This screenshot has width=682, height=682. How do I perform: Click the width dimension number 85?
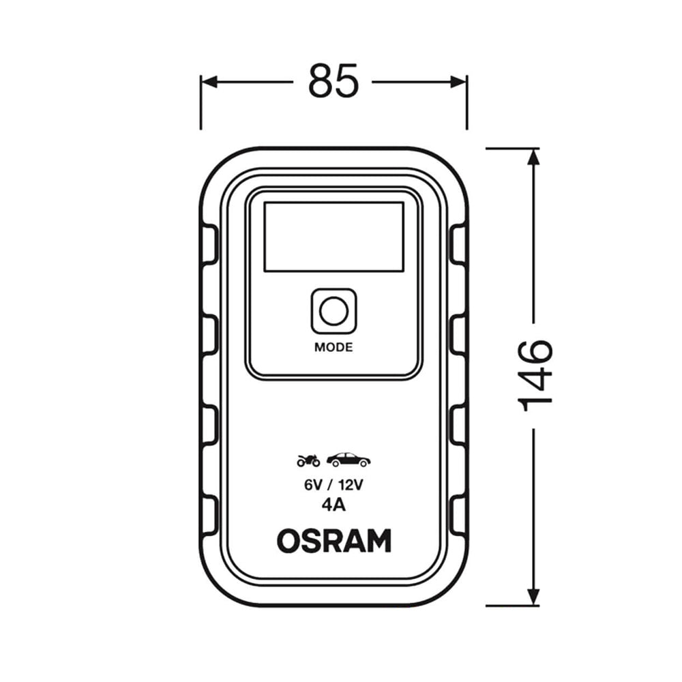(333, 81)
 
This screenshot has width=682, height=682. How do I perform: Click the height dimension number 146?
(535, 375)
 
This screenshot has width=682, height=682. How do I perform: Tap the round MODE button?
(333, 312)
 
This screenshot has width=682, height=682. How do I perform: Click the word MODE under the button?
(333, 347)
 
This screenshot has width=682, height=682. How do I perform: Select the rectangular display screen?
(333, 237)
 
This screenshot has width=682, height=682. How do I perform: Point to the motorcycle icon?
(308, 460)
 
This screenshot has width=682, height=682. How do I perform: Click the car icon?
(349, 460)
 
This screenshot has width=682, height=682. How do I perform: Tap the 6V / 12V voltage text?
(333, 485)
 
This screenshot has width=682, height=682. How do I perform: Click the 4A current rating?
(333, 507)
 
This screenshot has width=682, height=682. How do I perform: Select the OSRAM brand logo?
(333, 541)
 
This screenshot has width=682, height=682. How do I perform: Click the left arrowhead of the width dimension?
(209, 82)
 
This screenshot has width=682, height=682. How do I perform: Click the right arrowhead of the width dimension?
(459, 82)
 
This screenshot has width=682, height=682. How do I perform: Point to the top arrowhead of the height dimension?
(534, 156)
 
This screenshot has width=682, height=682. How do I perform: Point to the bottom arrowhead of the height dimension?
(534, 597)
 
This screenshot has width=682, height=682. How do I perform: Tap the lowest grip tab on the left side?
(209, 516)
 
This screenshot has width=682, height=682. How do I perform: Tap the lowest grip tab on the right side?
(458, 516)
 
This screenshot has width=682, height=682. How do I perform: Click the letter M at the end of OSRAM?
(379, 541)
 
